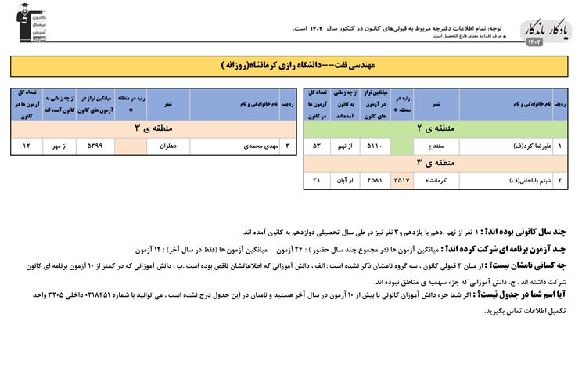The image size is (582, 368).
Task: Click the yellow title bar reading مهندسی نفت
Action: tap(291, 66)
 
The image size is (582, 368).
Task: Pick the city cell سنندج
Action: tap(436, 146)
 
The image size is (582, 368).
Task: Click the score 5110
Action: tap(374, 146)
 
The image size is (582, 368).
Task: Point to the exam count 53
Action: tap(317, 146)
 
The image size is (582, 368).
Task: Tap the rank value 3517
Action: tap(401, 181)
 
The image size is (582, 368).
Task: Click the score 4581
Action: tap(374, 181)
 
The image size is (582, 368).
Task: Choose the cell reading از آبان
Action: tap(345, 181)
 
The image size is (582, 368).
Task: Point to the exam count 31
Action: tap(317, 181)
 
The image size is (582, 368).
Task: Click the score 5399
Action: tap(94, 146)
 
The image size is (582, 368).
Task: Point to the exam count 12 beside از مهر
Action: tap(27, 146)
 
